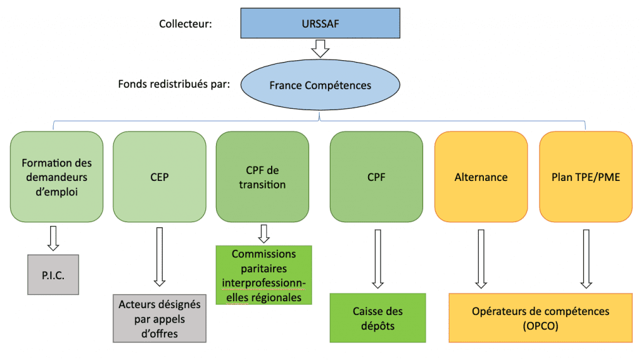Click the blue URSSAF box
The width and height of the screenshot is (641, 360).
pyautogui.click(x=320, y=24)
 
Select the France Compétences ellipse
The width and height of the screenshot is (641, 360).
pyautogui.click(x=320, y=85)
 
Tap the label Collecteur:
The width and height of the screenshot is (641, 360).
pyautogui.click(x=185, y=24)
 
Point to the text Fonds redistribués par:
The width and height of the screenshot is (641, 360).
pyautogui.click(x=173, y=84)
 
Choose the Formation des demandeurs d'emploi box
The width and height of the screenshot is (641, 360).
pyautogui.click(x=56, y=177)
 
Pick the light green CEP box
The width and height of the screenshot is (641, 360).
pyautogui.click(x=160, y=177)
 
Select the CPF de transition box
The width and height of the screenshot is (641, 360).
pyautogui.click(x=262, y=177)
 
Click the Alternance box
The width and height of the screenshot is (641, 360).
pyautogui.click(x=481, y=177)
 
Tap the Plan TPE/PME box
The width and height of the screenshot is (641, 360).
pyautogui.click(x=585, y=177)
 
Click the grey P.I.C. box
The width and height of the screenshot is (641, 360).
pyautogui.click(x=53, y=274)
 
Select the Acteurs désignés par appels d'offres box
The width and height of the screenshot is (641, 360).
pyautogui.click(x=160, y=319)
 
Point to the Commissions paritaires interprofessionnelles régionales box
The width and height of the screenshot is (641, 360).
pyautogui.click(x=264, y=275)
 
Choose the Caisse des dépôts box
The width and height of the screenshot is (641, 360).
pyautogui.click(x=377, y=318)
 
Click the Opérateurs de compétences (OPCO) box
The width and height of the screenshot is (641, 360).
pyautogui.click(x=541, y=318)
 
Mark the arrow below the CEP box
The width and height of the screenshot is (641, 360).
pyautogui.click(x=160, y=257)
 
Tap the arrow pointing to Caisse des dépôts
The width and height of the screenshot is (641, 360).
pyautogui.click(x=377, y=259)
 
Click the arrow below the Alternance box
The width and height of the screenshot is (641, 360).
pyautogui.click(x=481, y=259)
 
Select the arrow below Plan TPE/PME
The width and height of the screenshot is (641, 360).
pyautogui.click(x=586, y=259)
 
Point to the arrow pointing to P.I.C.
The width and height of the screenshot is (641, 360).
pyautogui.click(x=53, y=237)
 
